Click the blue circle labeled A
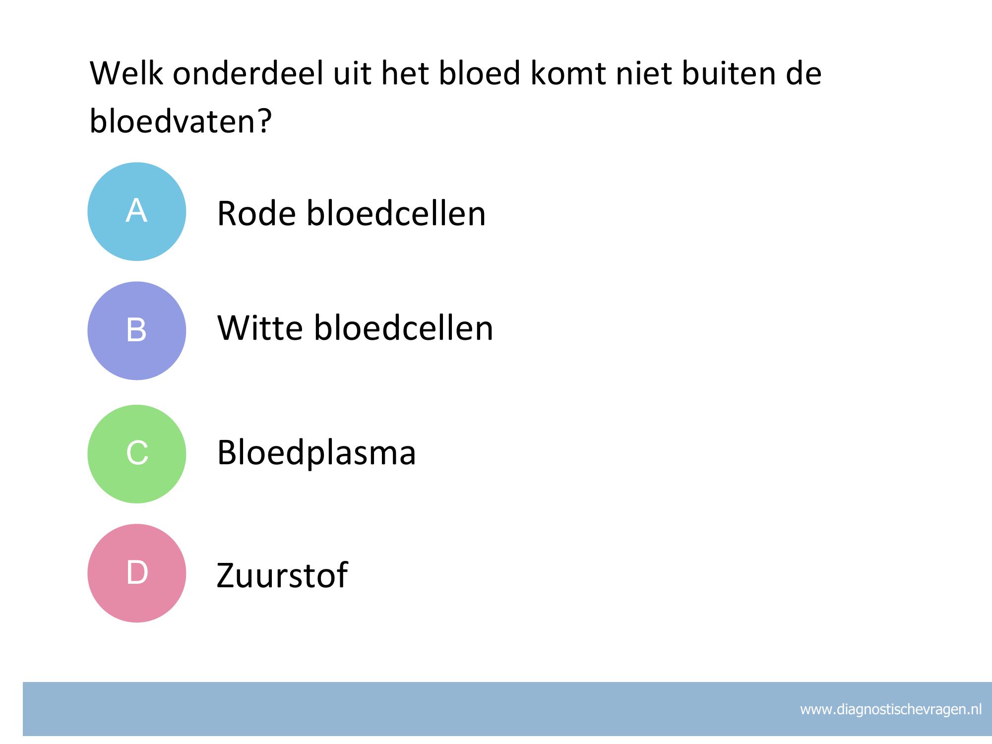(x=137, y=212)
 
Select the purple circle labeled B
(x=137, y=331)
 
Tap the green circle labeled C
(x=137, y=454)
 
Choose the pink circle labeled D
(x=137, y=573)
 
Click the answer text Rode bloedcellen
(x=351, y=213)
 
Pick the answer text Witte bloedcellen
(x=355, y=328)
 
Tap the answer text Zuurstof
(x=282, y=575)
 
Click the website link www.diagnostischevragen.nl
(x=891, y=710)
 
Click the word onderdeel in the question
(x=248, y=73)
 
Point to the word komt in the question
(x=568, y=73)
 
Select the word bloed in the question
(x=480, y=73)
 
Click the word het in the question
(x=404, y=73)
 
